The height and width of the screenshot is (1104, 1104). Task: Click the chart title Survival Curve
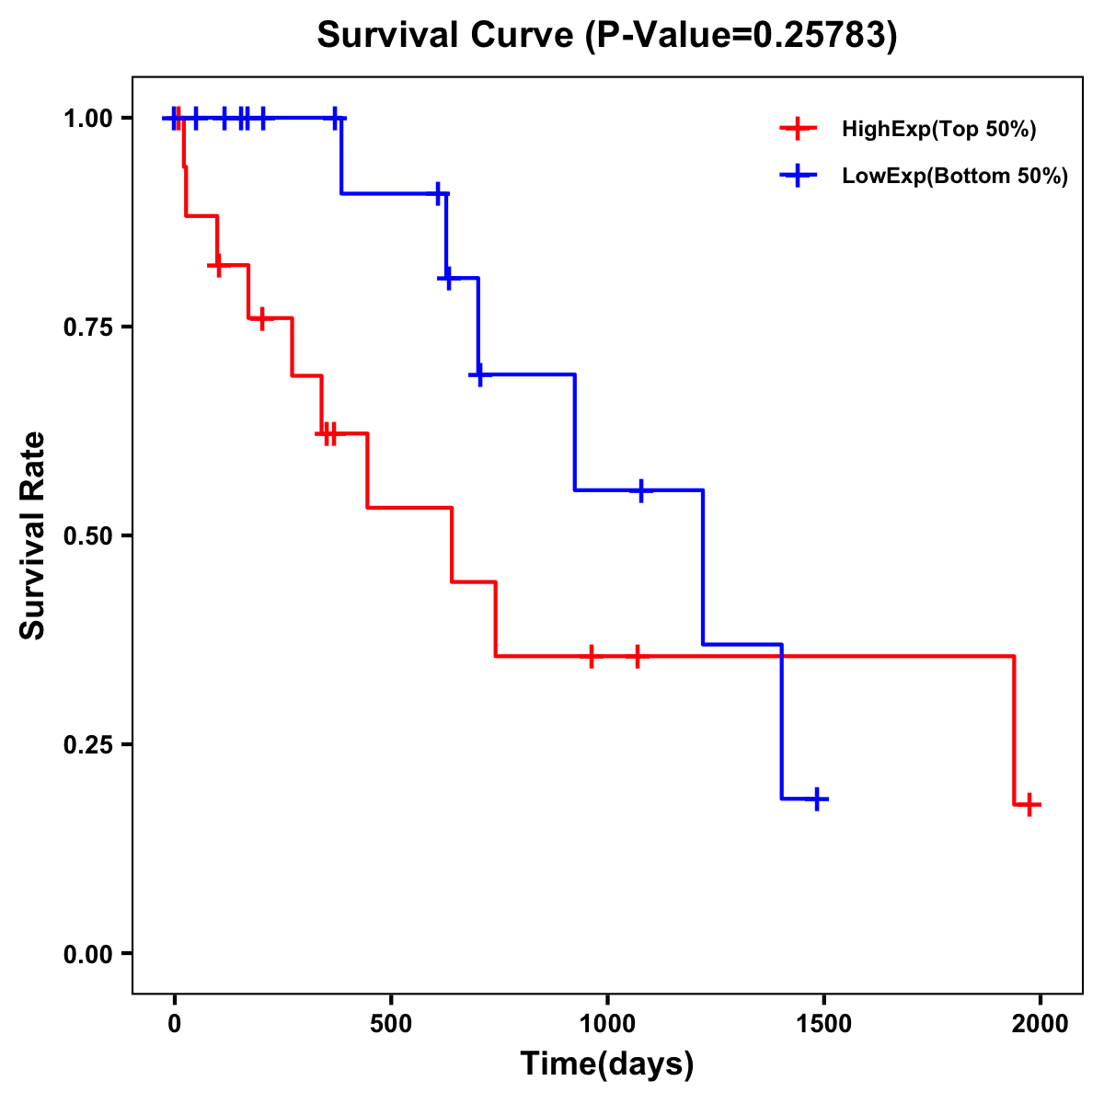pos(606,35)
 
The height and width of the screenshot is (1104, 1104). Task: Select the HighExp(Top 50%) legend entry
pos(938,130)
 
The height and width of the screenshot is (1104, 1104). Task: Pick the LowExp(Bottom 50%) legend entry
pos(954,177)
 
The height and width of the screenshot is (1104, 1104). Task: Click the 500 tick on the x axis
pos(391,1024)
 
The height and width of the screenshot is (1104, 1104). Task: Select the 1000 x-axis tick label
pos(607,1024)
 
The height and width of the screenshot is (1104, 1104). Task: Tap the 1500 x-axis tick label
pos(824,1024)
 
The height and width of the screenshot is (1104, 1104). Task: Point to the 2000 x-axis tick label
pos(1041,1024)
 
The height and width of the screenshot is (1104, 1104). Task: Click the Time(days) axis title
pos(607,1064)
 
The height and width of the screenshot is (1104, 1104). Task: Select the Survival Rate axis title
pos(33,535)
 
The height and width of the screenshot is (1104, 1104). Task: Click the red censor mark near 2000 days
pos(1030,805)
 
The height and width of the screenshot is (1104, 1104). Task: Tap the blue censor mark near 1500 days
pos(816,799)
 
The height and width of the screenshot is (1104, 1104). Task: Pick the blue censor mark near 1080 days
pos(641,490)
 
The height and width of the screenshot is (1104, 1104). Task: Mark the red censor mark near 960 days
pos(592,656)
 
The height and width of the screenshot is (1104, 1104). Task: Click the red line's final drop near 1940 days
pos(1014,730)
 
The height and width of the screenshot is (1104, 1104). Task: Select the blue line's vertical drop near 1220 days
pos(704,567)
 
